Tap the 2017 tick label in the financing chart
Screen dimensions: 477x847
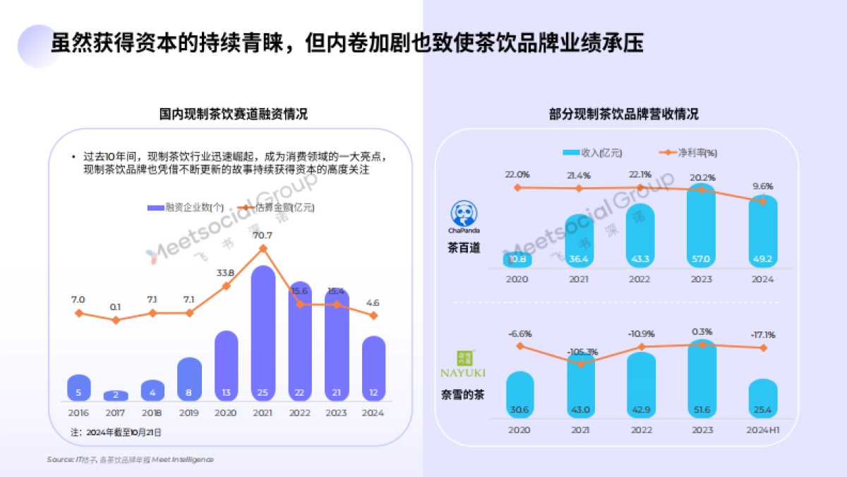[116, 413]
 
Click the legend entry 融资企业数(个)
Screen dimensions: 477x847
[186, 208]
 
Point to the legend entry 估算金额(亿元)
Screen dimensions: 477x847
[277, 208]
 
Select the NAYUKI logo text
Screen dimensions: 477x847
[463, 372]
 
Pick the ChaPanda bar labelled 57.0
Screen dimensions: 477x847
[702, 226]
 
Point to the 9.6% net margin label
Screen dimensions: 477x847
[762, 187]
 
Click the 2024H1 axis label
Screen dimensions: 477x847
[762, 430]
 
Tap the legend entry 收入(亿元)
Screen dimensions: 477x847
[593, 153]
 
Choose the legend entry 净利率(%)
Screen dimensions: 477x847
[689, 153]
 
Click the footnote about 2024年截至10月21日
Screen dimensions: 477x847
[116, 432]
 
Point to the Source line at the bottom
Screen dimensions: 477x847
[130, 459]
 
